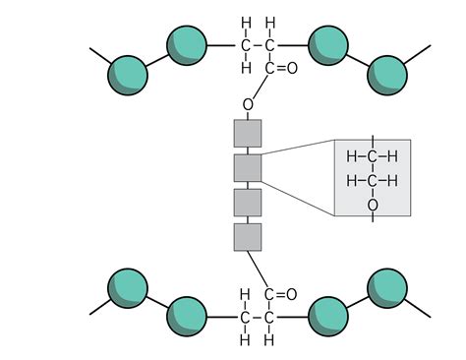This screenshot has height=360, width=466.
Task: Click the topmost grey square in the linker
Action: pyautogui.click(x=248, y=133)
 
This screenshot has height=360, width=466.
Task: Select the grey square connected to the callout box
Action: pyautogui.click(x=248, y=167)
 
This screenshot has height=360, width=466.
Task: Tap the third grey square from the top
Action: pyautogui.click(x=248, y=203)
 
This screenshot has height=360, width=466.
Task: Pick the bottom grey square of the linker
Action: pyautogui.click(x=248, y=237)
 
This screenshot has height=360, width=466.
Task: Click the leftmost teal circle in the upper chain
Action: pyautogui.click(x=127, y=73)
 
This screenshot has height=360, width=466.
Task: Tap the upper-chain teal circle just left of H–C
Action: pyautogui.click(x=187, y=45)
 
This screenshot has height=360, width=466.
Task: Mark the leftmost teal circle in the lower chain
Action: pyautogui.click(x=127, y=287)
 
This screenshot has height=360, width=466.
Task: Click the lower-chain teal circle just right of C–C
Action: pyautogui.click(x=327, y=316)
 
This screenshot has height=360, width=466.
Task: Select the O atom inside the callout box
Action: pyautogui.click(x=373, y=205)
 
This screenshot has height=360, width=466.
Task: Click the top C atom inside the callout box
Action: pyautogui.click(x=373, y=156)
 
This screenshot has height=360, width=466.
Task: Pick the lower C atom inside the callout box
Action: pyautogui.click(x=373, y=181)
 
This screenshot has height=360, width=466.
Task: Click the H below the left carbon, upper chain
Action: pyautogui.click(x=245, y=68)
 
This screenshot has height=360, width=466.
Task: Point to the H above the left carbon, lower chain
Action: pyautogui.click(x=245, y=293)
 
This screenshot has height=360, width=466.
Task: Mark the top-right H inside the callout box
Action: pyautogui.click(x=392, y=156)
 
